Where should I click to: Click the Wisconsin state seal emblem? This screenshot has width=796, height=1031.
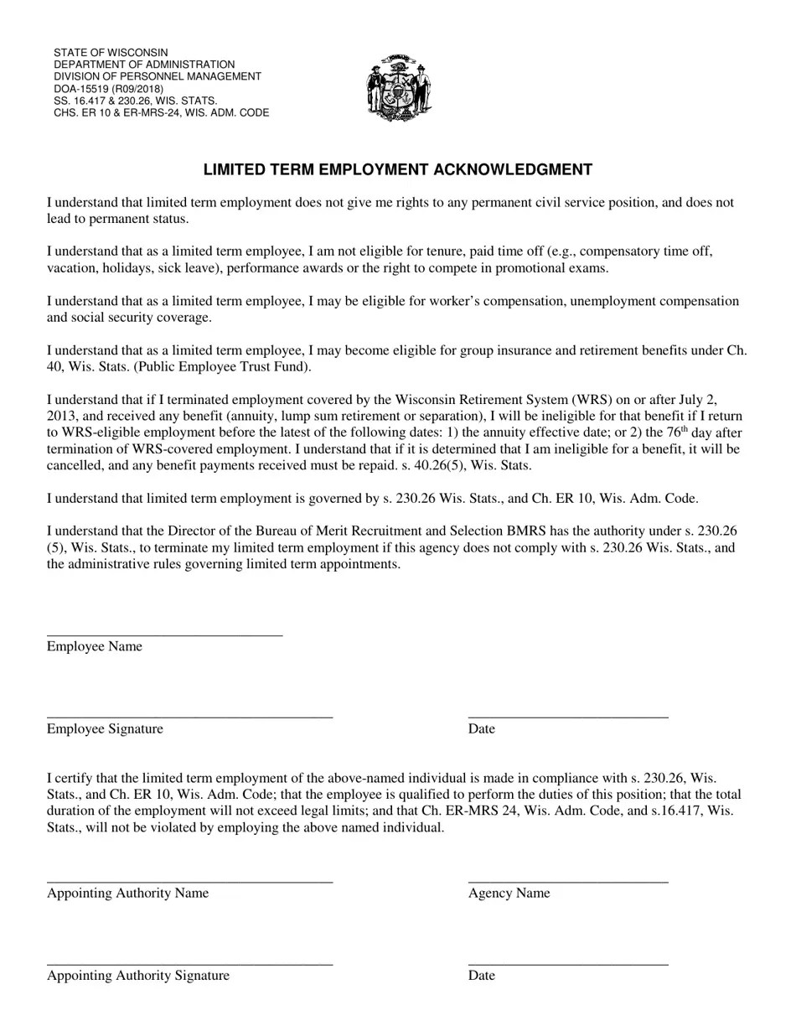pos(398,88)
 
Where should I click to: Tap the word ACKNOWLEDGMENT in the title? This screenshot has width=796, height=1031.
pos(512,170)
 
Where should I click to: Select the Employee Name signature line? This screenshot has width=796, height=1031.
pos(164,635)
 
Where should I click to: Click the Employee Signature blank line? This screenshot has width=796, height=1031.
pos(189,717)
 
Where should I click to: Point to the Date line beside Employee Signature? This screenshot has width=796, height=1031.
pos(568,717)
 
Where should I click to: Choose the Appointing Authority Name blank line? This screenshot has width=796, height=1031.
pos(189,881)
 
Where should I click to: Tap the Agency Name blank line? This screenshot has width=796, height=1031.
pos(568,881)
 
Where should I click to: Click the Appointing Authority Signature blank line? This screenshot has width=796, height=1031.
pos(189,963)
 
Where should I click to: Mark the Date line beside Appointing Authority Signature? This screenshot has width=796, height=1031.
pos(568,963)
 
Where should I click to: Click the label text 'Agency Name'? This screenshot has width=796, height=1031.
pos(509,894)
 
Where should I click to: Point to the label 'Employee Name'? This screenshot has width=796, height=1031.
pos(95,646)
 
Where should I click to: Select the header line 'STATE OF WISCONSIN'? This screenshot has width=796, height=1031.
pos(111,53)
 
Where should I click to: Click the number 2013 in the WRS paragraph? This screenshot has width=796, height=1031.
pos(62,416)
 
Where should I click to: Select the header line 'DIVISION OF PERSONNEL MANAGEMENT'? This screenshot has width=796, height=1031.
pos(158,76)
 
